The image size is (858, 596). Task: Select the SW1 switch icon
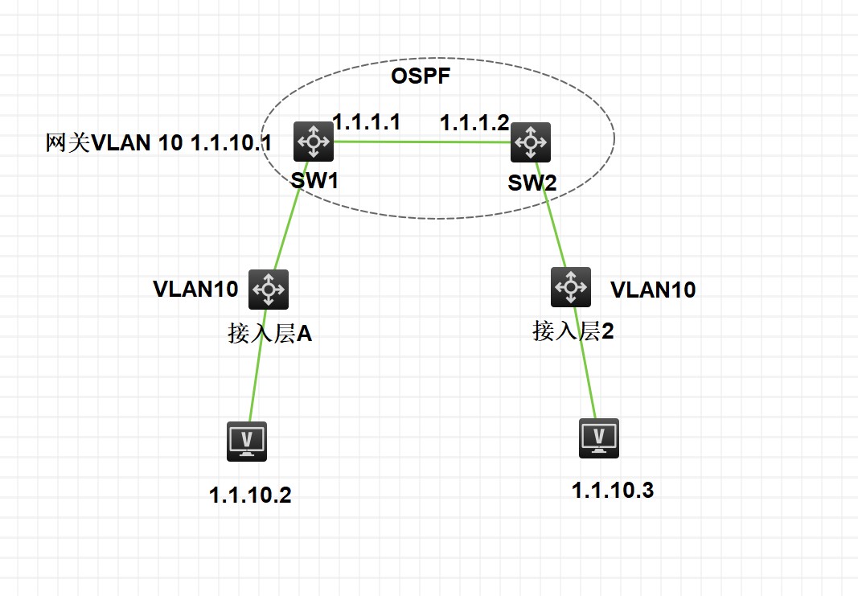312,142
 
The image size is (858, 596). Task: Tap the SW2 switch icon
531,143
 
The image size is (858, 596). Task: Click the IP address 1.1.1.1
367,122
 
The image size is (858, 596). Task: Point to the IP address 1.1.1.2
474,123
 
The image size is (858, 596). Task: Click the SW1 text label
314,179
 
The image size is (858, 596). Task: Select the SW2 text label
532,183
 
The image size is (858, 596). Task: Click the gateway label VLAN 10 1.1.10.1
159,144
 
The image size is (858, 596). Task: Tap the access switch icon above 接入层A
269,289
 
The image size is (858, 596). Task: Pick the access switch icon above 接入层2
571,287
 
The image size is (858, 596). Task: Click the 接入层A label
269,334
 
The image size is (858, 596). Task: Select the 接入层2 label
573,331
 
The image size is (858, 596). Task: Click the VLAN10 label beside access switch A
195,290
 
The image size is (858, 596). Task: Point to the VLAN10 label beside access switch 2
653,290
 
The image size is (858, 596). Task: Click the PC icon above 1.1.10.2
247,441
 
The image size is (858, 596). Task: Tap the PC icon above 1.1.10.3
599,438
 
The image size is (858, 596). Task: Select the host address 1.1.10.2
250,495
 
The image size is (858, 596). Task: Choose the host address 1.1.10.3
613,490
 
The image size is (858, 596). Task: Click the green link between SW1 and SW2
422,142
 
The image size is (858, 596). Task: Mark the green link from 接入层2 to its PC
585,362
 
